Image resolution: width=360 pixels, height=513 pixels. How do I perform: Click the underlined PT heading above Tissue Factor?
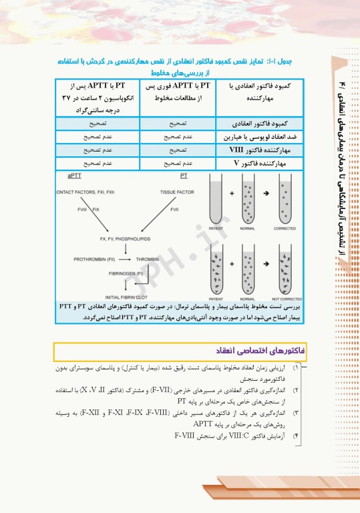(x=184, y=176)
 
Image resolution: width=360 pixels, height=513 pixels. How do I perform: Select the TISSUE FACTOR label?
(x=177, y=192)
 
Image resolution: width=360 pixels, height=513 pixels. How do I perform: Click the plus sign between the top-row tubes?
(x=232, y=194)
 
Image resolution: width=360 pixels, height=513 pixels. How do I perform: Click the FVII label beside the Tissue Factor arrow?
(x=174, y=210)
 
